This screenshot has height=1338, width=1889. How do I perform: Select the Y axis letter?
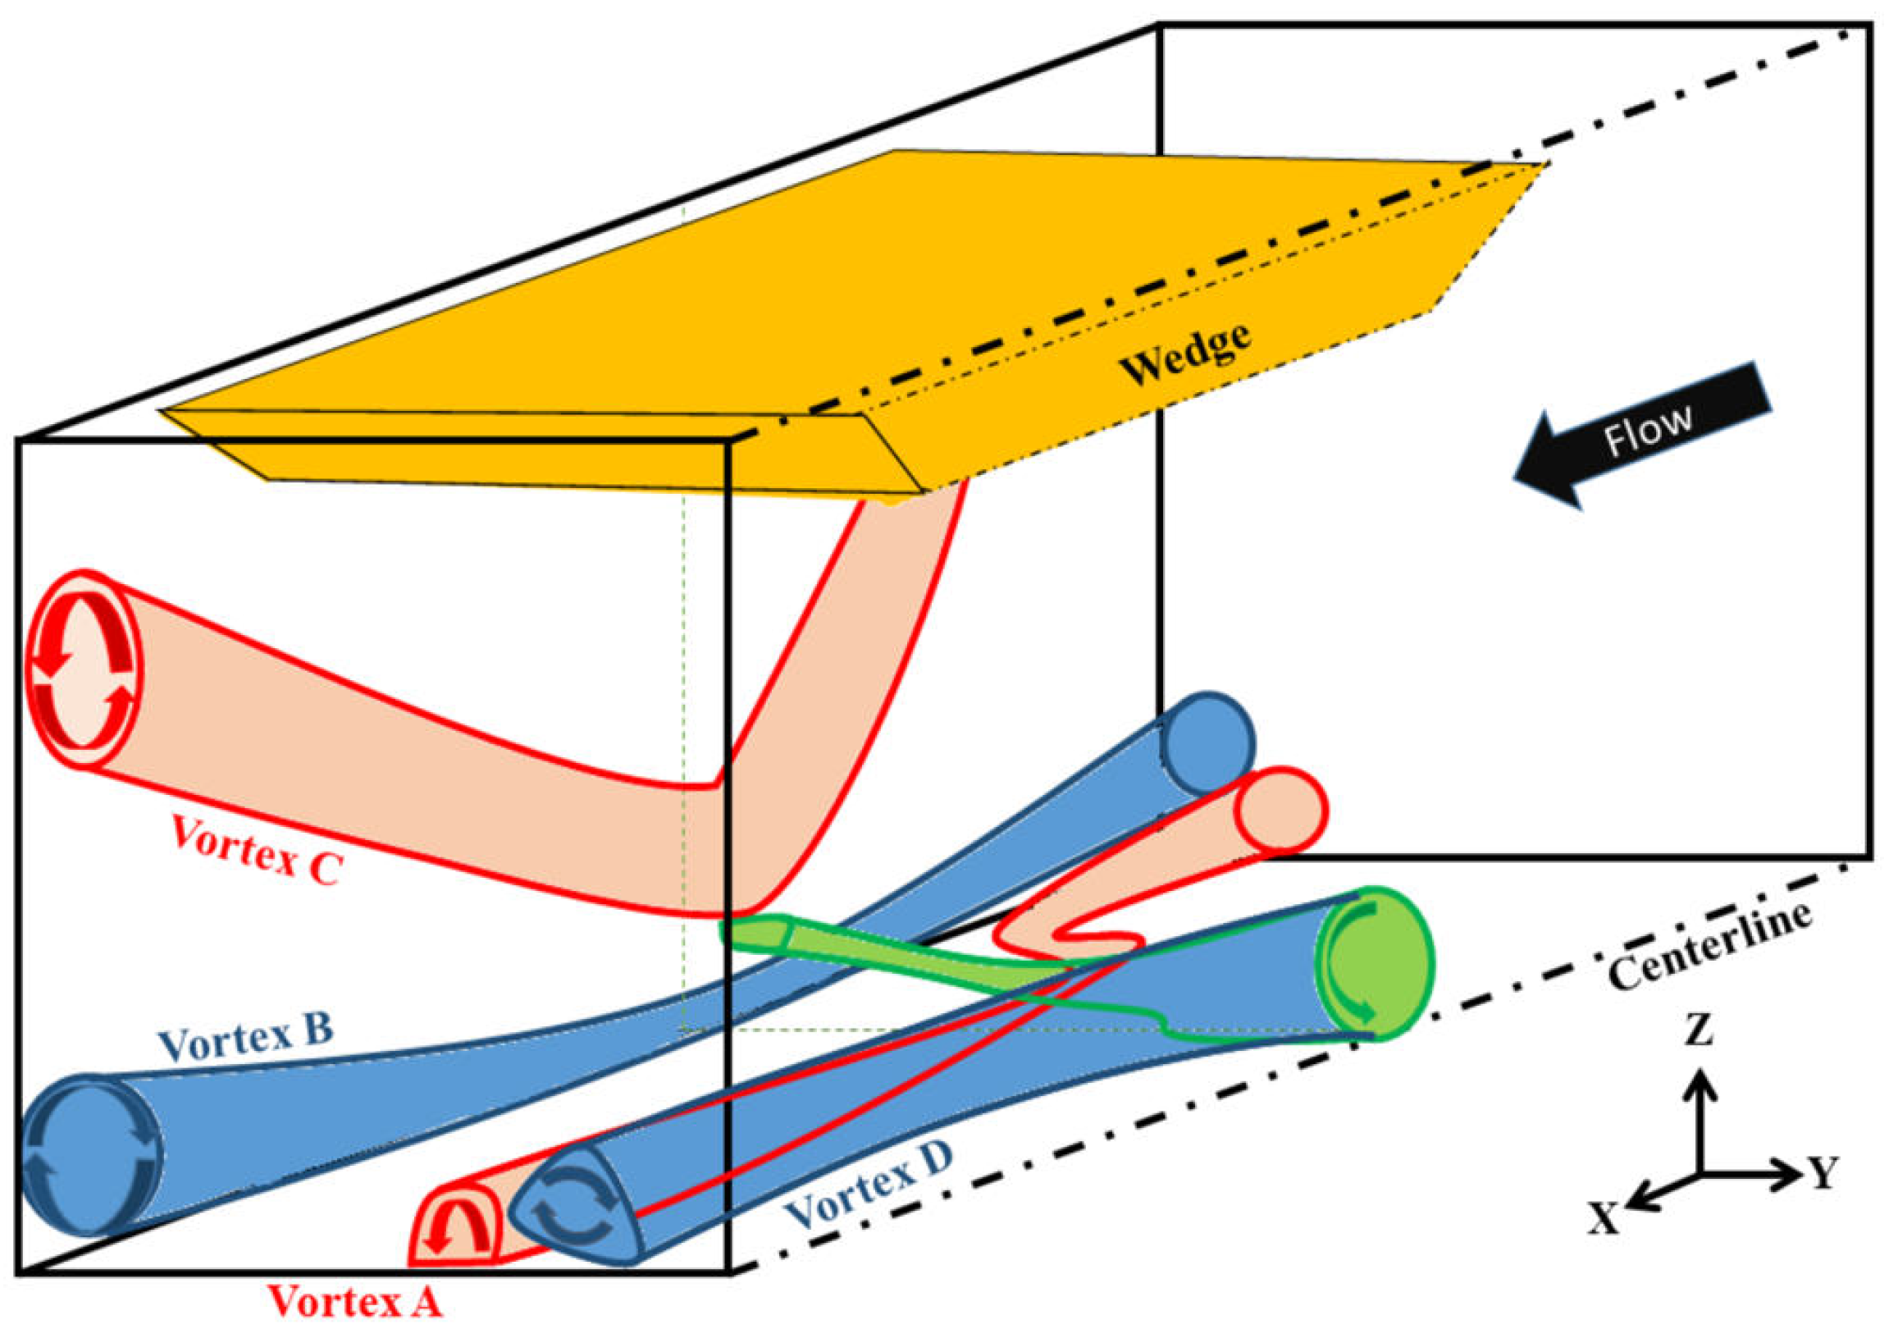pos(1823,1171)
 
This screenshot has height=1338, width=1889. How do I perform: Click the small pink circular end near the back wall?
pos(1282,811)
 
